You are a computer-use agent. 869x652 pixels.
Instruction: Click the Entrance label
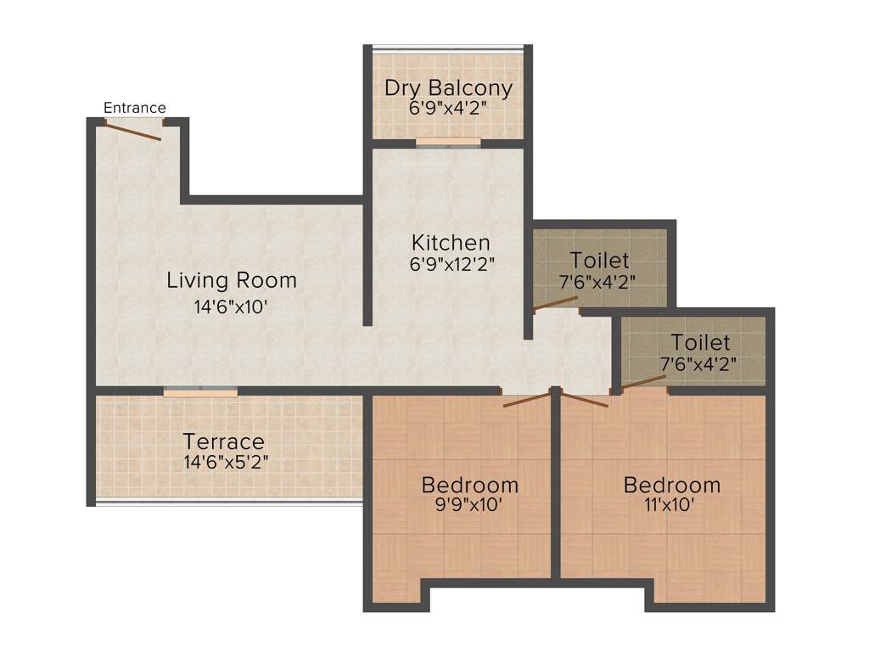tap(135, 108)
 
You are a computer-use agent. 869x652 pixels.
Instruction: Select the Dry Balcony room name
tap(448, 87)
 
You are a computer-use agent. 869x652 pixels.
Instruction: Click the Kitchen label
tap(451, 243)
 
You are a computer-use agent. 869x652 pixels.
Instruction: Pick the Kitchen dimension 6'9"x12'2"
tap(451, 263)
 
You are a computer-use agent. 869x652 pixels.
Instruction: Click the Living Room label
tap(232, 279)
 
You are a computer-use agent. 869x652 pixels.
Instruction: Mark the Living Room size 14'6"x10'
tap(232, 307)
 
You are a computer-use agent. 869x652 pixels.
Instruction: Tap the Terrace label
tap(224, 442)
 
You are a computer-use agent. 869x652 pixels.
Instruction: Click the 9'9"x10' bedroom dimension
tap(469, 506)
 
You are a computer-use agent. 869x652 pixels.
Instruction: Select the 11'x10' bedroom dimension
tap(671, 506)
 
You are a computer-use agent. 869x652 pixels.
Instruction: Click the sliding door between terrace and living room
tap(200, 391)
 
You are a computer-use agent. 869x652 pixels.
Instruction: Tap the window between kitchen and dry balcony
tap(448, 143)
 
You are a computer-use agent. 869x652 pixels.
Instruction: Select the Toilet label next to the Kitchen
tap(599, 260)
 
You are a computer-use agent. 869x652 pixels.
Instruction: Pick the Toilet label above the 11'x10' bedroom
tap(700, 343)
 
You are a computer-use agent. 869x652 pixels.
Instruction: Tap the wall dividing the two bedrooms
tap(556, 484)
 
